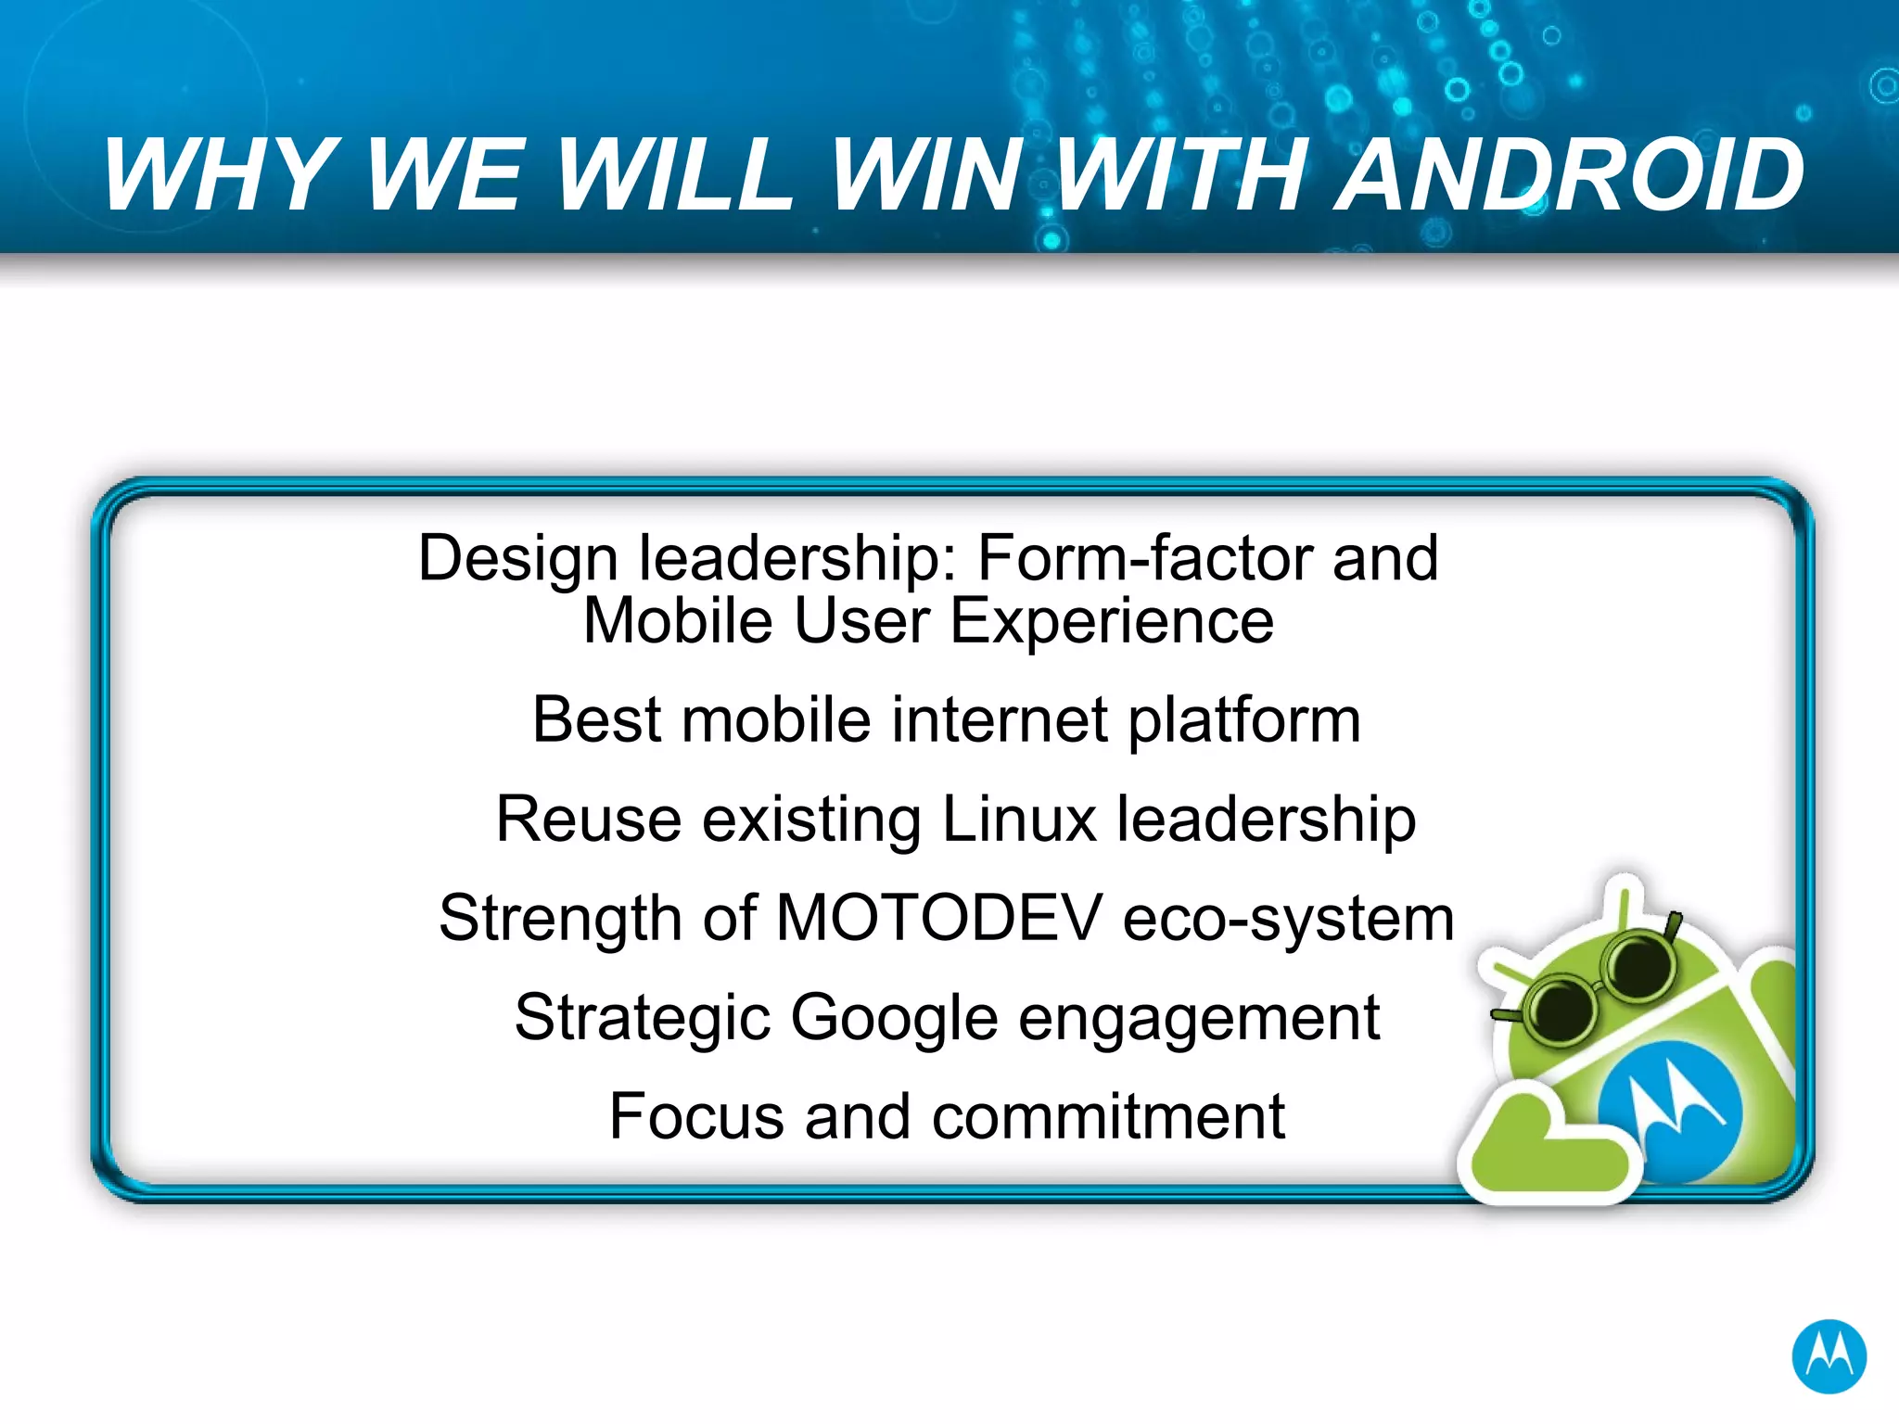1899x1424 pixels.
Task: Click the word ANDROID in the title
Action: pyautogui.click(x=1569, y=174)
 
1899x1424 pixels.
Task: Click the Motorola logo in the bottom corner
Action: pyautogui.click(x=1829, y=1356)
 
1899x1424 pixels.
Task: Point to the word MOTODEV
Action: pyautogui.click(x=938, y=918)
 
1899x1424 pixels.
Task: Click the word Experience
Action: pyautogui.click(x=1112, y=620)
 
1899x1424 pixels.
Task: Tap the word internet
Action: pyautogui.click(x=1000, y=719)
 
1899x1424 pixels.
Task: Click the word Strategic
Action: pyautogui.click(x=642, y=1018)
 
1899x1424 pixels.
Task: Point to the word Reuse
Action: pyautogui.click(x=589, y=819)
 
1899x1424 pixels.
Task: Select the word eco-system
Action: pyautogui.click(x=1288, y=918)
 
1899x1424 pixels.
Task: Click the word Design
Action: pyautogui.click(x=517, y=558)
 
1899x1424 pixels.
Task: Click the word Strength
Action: pyautogui.click(x=559, y=918)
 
